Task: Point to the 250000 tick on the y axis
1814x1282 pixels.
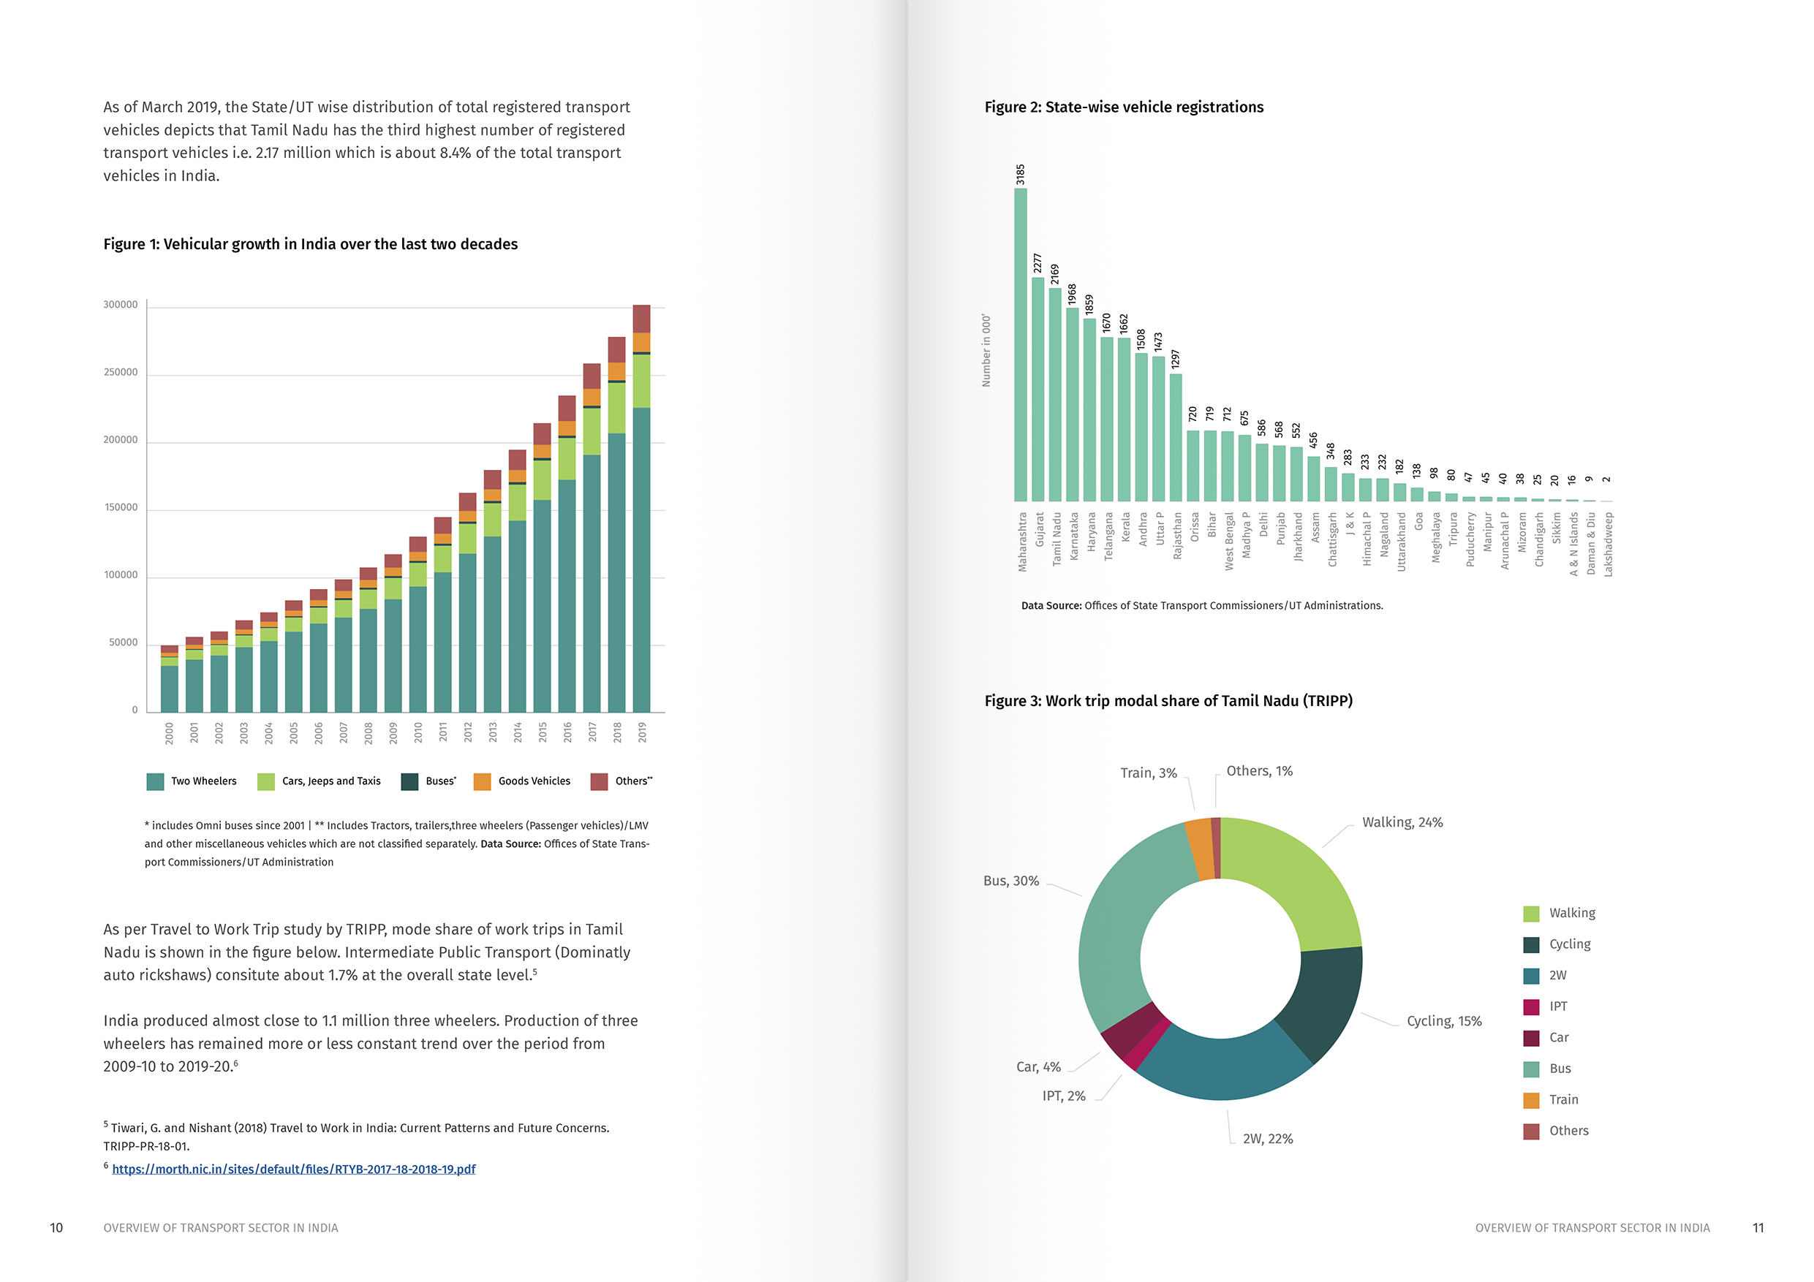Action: pos(120,373)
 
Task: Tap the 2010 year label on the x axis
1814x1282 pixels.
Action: pos(418,732)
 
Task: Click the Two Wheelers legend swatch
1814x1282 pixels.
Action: pos(155,781)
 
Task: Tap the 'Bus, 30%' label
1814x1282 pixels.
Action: pos(1010,881)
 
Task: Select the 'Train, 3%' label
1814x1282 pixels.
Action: pos(1148,773)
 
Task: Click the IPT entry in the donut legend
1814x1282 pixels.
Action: pos(1557,1006)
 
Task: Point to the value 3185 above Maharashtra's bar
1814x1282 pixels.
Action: pos(1020,175)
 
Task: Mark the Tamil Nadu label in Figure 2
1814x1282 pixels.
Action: pos(1057,539)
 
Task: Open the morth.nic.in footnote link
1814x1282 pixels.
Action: pos(293,1169)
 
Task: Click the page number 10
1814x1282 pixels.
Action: pos(56,1227)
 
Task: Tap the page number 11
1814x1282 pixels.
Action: pos(1758,1227)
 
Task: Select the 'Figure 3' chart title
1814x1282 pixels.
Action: pos(1168,701)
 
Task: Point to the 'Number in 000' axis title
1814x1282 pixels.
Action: pos(986,351)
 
